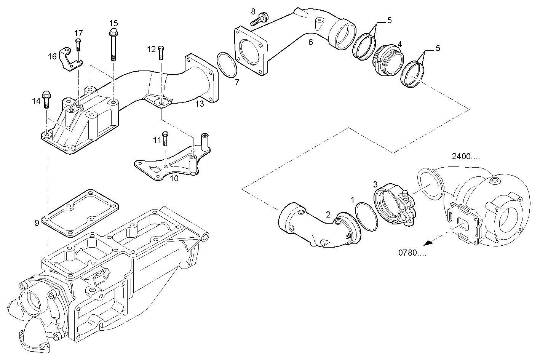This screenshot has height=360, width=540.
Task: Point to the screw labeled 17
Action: click(78, 45)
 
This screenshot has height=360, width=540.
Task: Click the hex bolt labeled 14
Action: click(46, 99)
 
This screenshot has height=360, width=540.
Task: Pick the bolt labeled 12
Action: click(161, 53)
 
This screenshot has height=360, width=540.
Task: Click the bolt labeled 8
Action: click(260, 19)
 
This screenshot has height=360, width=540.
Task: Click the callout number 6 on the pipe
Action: click(310, 42)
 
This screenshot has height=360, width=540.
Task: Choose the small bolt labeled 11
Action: click(165, 138)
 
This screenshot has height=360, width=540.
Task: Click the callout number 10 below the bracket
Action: click(174, 178)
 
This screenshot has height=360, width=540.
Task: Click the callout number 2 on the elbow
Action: click(328, 214)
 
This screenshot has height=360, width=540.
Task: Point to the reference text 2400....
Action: click(466, 156)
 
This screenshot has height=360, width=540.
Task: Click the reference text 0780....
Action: click(412, 253)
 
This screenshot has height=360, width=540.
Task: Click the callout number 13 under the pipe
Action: click(200, 103)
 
